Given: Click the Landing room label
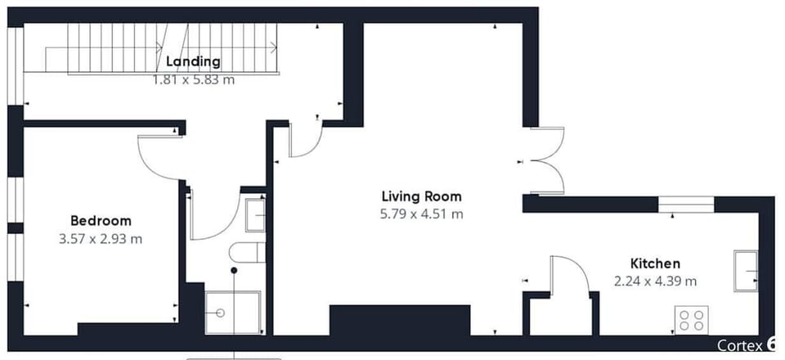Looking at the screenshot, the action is pyautogui.click(x=193, y=62).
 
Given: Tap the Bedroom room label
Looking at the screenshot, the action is pyautogui.click(x=101, y=221).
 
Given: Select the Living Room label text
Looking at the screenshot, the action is pyautogui.click(x=422, y=196).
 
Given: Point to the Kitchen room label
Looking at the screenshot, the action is pyautogui.click(x=655, y=263).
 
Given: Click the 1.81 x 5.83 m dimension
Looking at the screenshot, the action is pyautogui.click(x=194, y=79).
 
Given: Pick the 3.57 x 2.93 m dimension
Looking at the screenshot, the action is pyautogui.click(x=101, y=239).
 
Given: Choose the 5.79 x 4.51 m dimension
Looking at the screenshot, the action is pyautogui.click(x=422, y=214).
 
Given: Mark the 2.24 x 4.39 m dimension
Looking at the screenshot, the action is pyautogui.click(x=655, y=281).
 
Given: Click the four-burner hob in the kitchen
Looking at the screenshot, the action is pyautogui.click(x=692, y=320).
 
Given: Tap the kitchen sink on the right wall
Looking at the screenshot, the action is pyautogui.click(x=746, y=270).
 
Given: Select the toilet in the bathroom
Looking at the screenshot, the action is pyautogui.click(x=247, y=252).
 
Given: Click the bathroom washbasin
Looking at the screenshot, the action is pyautogui.click(x=255, y=215).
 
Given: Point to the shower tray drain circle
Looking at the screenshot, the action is pyautogui.click(x=220, y=313).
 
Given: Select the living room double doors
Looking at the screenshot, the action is pyautogui.click(x=548, y=160).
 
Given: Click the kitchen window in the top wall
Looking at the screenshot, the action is pyautogui.click(x=686, y=205).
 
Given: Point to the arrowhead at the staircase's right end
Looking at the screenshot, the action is pyautogui.click(x=274, y=47).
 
